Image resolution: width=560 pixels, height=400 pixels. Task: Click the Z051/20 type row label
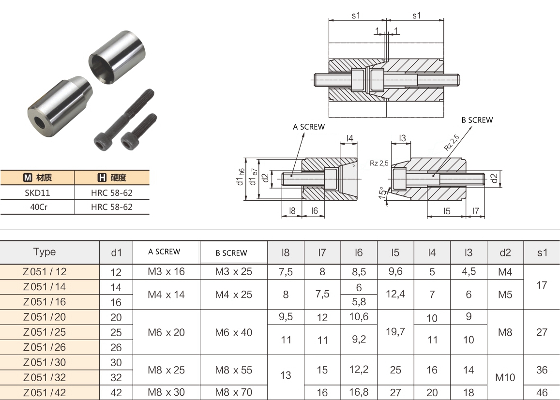pos(45,317)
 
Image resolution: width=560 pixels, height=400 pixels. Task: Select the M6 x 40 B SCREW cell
pos(234,332)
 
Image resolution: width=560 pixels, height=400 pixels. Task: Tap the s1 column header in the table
pos(542,252)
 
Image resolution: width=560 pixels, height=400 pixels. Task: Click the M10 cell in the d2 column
pos(505,377)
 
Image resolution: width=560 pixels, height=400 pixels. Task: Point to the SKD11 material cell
pos(37,193)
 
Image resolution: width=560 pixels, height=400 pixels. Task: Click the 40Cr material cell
pos(37,207)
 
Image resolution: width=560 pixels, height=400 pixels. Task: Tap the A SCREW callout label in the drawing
pos(309,127)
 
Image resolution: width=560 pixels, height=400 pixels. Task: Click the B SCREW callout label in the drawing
pos(477,120)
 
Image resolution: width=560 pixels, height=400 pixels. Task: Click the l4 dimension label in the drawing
pos(350,139)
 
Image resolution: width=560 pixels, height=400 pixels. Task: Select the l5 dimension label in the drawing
pos(446,211)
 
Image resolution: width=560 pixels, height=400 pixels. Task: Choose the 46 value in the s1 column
pos(542,392)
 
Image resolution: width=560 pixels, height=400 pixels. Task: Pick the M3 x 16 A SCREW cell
pos(166,271)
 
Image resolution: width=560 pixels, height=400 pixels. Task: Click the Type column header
pos(45,252)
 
